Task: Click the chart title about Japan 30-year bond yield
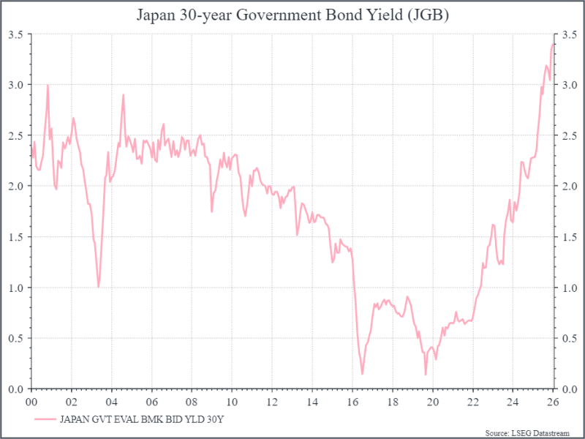292,14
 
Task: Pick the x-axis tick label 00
31,401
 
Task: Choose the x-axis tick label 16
352,401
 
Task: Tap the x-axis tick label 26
553,401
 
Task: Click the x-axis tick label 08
192,401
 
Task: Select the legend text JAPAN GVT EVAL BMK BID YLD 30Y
142,419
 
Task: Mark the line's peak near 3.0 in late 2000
48,85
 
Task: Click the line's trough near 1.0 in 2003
99,287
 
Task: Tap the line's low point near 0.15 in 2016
362,375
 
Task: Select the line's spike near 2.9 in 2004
123,94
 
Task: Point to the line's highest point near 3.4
553,44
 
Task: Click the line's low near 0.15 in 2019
425,375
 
